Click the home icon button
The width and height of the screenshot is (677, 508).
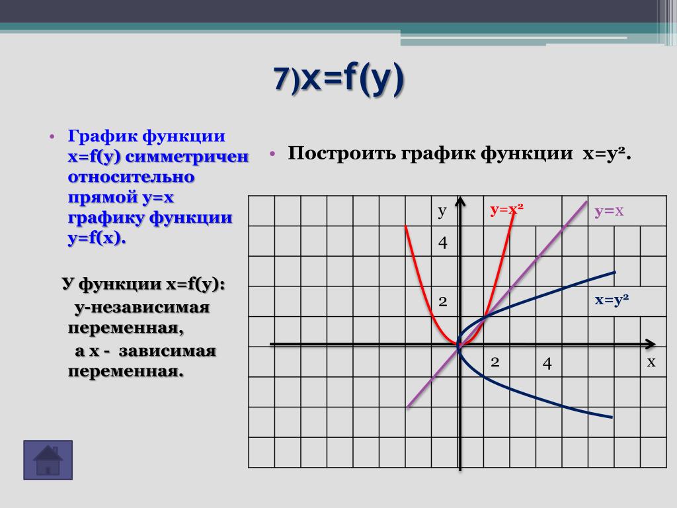tap(48, 460)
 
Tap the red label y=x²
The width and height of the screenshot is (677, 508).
tap(506, 210)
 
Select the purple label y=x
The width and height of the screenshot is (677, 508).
tap(609, 211)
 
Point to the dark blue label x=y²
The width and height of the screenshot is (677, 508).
tap(612, 300)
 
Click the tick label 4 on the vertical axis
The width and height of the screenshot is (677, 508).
tap(442, 243)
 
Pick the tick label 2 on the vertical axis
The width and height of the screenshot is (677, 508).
tap(442, 302)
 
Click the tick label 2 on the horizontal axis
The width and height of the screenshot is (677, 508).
tap(495, 362)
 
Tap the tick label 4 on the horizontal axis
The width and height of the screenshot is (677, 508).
tap(547, 363)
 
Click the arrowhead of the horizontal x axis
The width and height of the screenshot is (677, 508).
tap(651, 344)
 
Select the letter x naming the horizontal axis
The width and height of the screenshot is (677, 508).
tap(651, 362)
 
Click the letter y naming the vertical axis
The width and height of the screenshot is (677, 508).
tap(442, 212)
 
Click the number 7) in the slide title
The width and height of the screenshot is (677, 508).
tap(286, 79)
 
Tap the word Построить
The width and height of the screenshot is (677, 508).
tap(342, 153)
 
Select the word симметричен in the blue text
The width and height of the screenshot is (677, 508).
tap(186, 156)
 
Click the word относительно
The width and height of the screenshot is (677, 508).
tap(132, 177)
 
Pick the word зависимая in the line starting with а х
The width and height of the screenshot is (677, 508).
tap(167, 351)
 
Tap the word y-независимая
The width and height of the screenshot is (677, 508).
tap(141, 308)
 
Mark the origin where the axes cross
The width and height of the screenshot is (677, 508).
tap(460, 344)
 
